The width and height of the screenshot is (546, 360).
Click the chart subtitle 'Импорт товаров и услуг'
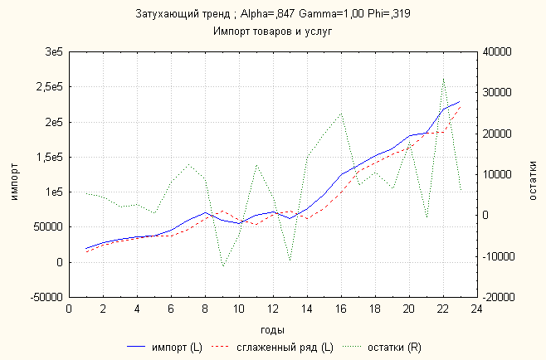point(274,32)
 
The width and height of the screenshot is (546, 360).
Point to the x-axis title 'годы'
point(273,328)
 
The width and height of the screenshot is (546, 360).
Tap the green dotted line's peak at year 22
point(443,78)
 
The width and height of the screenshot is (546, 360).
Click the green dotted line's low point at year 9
point(222,266)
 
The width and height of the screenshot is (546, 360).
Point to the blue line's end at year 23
point(460,101)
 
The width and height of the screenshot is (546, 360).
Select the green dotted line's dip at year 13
point(290,260)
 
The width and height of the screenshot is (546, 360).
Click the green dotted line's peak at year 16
point(341,113)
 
